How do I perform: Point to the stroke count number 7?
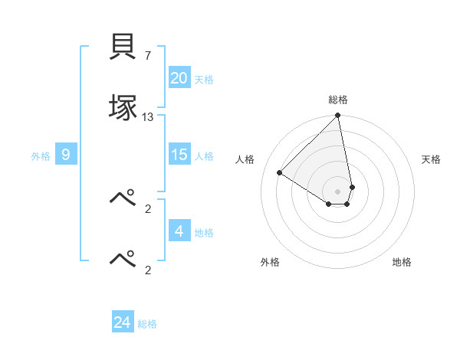pos(148,55)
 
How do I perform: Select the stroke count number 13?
pos(148,116)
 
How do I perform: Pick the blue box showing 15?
pos(179,155)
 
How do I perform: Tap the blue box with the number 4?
pos(179,231)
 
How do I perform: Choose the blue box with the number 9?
pos(66,155)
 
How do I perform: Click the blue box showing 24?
pos(123,322)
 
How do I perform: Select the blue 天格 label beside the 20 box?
pos(204,79)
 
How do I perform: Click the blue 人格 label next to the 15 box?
pos(204,156)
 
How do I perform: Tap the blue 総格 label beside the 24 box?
pos(147,324)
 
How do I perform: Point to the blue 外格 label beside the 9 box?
pos(41,156)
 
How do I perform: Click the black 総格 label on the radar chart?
pos(338,100)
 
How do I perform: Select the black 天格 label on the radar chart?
pos(432,159)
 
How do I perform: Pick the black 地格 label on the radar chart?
pos(402,262)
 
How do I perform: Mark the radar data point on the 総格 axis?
pos(338,116)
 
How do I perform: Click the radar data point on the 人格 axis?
pos(280,172)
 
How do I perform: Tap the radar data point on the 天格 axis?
pos(352,187)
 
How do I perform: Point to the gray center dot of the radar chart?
pos(338,191)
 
